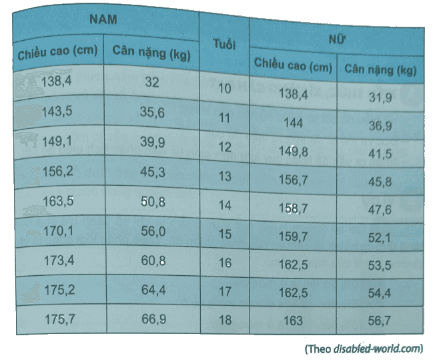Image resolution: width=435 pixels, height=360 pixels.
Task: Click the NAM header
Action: coord(103,19)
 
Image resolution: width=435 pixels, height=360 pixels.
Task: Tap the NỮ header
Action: coord(336,39)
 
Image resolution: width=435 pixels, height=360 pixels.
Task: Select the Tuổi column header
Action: coord(224,44)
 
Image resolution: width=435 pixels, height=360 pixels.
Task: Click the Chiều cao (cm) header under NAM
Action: coord(57,52)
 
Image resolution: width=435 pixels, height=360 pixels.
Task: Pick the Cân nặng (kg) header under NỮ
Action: coord(380,69)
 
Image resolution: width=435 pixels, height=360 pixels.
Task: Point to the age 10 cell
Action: coord(224,89)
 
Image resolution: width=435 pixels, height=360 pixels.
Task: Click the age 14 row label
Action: coord(225,205)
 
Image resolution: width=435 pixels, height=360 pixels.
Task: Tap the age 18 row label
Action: coord(225,320)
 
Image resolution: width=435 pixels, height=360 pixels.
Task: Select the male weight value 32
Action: coord(151,82)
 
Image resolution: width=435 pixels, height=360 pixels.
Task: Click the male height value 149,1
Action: coord(57,142)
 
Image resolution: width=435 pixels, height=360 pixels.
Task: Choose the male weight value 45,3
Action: coord(152,172)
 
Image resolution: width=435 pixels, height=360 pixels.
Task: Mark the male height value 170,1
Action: coord(58,231)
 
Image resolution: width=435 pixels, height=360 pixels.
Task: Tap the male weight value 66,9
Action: coord(153,319)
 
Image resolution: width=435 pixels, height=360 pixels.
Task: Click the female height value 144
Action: coord(294,123)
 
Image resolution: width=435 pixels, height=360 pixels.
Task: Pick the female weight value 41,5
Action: coord(380,154)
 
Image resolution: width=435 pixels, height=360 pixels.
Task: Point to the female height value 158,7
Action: coord(294,208)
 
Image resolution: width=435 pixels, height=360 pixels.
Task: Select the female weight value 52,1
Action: coord(380,238)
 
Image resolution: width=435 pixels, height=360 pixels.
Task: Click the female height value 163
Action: coord(294,321)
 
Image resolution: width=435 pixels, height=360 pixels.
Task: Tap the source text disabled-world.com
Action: coord(377,349)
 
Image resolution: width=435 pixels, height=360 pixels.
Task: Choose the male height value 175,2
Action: coord(59,290)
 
